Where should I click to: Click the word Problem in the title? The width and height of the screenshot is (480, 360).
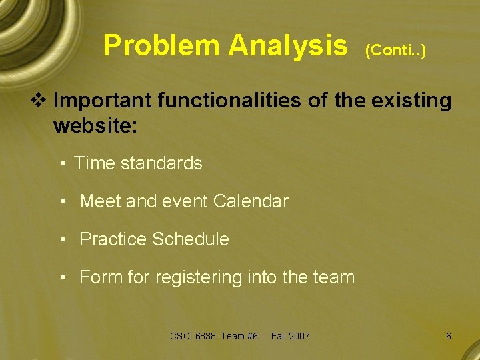(161, 46)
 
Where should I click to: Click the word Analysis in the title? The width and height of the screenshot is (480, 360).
(287, 46)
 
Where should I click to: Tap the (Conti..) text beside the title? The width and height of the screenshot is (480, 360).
(395, 50)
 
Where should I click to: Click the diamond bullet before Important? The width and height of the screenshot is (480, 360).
(43, 101)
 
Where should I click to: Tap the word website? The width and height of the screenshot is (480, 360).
(95, 125)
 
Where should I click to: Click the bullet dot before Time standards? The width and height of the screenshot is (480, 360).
(61, 163)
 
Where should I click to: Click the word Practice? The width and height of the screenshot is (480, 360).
(113, 239)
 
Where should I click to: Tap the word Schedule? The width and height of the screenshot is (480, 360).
(191, 239)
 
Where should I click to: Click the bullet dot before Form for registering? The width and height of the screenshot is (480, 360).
(61, 277)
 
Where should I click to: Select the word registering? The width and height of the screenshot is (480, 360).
(199, 277)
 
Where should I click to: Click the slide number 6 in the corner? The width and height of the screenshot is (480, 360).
(448, 336)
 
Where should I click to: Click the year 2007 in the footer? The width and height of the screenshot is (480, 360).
(299, 336)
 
